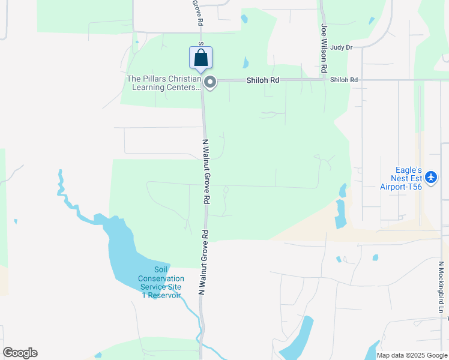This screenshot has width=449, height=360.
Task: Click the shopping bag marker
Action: click(x=201, y=58)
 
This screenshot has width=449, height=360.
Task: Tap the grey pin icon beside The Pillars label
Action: click(x=209, y=82)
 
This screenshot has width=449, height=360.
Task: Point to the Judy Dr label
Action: click(x=341, y=47)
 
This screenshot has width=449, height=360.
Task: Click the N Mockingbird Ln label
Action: click(x=441, y=287)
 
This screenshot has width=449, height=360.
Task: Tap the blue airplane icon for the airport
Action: click(x=431, y=178)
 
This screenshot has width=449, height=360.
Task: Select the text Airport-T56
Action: click(x=401, y=186)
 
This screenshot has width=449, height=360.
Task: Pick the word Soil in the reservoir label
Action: click(x=160, y=269)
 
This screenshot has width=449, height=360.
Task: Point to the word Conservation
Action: click(x=160, y=278)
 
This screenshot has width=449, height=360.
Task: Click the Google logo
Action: click(x=20, y=353)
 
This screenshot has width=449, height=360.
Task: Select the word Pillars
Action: click(x=155, y=79)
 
